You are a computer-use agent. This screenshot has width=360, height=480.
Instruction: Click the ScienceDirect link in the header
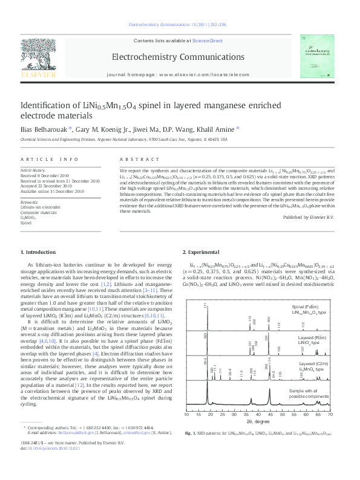point(208,41)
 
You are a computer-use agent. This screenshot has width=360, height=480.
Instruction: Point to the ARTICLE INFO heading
point(50,158)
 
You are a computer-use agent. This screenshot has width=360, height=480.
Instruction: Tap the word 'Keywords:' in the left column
point(30,201)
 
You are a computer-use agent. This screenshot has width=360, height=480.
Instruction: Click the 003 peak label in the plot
point(206,333)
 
